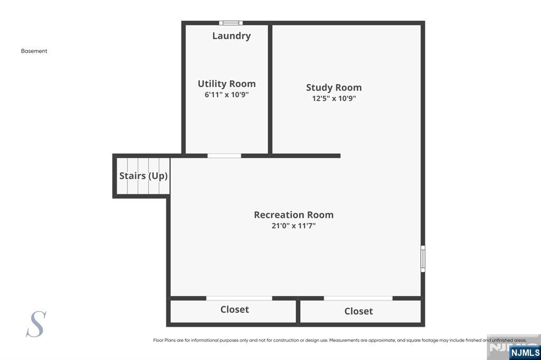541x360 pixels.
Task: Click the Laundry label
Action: coord(231,36)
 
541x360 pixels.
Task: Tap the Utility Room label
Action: coord(227,84)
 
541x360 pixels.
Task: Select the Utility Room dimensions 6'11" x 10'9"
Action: coord(227,95)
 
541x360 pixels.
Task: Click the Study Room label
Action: coord(334,88)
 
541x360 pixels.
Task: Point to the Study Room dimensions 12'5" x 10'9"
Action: coord(334,98)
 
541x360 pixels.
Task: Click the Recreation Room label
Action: coord(294,215)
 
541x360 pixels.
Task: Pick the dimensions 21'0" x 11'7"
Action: coord(294,226)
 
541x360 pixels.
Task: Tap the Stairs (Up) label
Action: coord(144,176)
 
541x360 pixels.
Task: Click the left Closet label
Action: coord(235,309)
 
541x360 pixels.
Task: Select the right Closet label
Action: coord(359,311)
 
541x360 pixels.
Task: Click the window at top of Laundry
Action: coord(231,23)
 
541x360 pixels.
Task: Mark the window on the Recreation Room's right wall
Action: coord(423,259)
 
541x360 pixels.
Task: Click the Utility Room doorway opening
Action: coord(224,156)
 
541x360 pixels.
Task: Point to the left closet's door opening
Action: coord(239,298)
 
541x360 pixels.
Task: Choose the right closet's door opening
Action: coord(358,298)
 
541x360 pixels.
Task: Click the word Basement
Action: coord(34,51)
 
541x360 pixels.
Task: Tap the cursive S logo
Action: coord(36,324)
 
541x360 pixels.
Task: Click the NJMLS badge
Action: coord(525,353)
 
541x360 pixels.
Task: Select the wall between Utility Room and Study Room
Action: coord(270,89)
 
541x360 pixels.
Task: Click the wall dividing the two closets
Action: coord(298,311)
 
